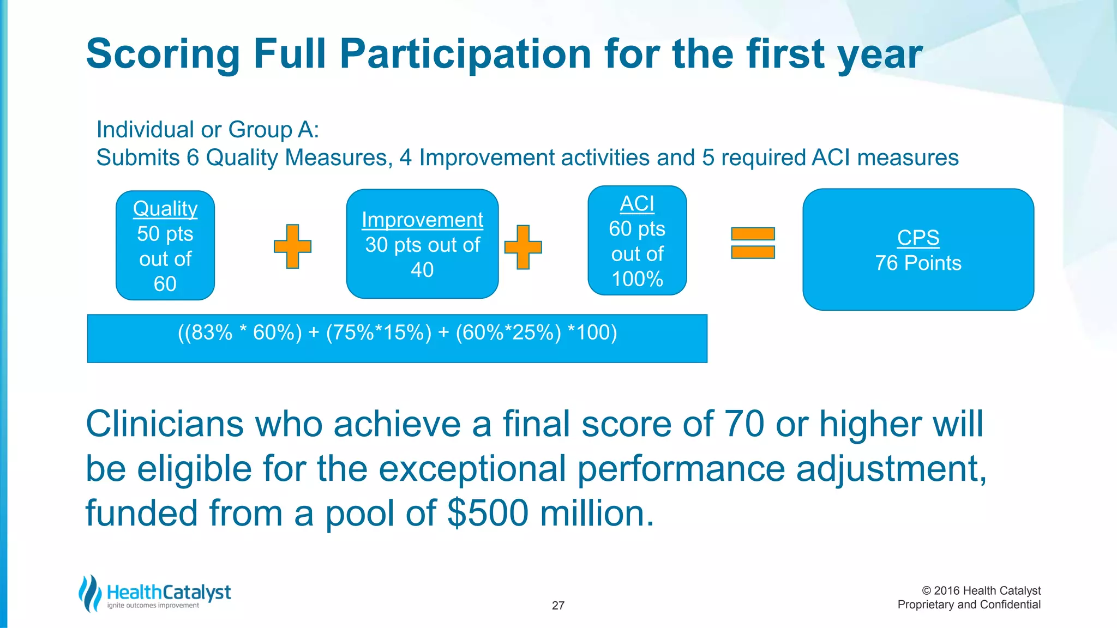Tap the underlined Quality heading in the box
tap(165, 209)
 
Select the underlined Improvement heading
tap(422, 220)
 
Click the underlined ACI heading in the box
tap(636, 204)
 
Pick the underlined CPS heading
tap(918, 238)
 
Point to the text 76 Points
tap(918, 263)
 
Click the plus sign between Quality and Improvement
tap(292, 246)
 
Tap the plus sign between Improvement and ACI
tap(523, 247)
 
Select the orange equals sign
tap(753, 243)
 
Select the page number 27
tap(558, 606)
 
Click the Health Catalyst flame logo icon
tap(90, 593)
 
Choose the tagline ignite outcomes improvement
tap(153, 606)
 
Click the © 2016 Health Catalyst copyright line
tap(981, 591)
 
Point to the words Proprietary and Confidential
tap(969, 605)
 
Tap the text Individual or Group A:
tap(207, 130)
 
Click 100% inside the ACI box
tap(637, 279)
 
